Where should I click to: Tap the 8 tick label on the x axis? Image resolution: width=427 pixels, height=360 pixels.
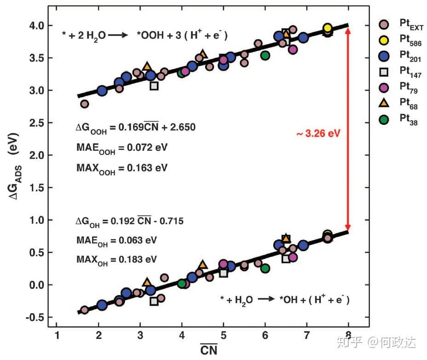coord(349,335)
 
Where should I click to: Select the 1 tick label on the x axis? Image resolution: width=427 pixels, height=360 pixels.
coord(57,335)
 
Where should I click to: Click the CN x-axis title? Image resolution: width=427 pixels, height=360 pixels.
coord(208,349)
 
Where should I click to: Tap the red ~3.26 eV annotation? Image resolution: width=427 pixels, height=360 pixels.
coord(318,134)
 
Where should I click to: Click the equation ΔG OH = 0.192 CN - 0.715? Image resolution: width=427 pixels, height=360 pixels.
coord(130,221)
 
